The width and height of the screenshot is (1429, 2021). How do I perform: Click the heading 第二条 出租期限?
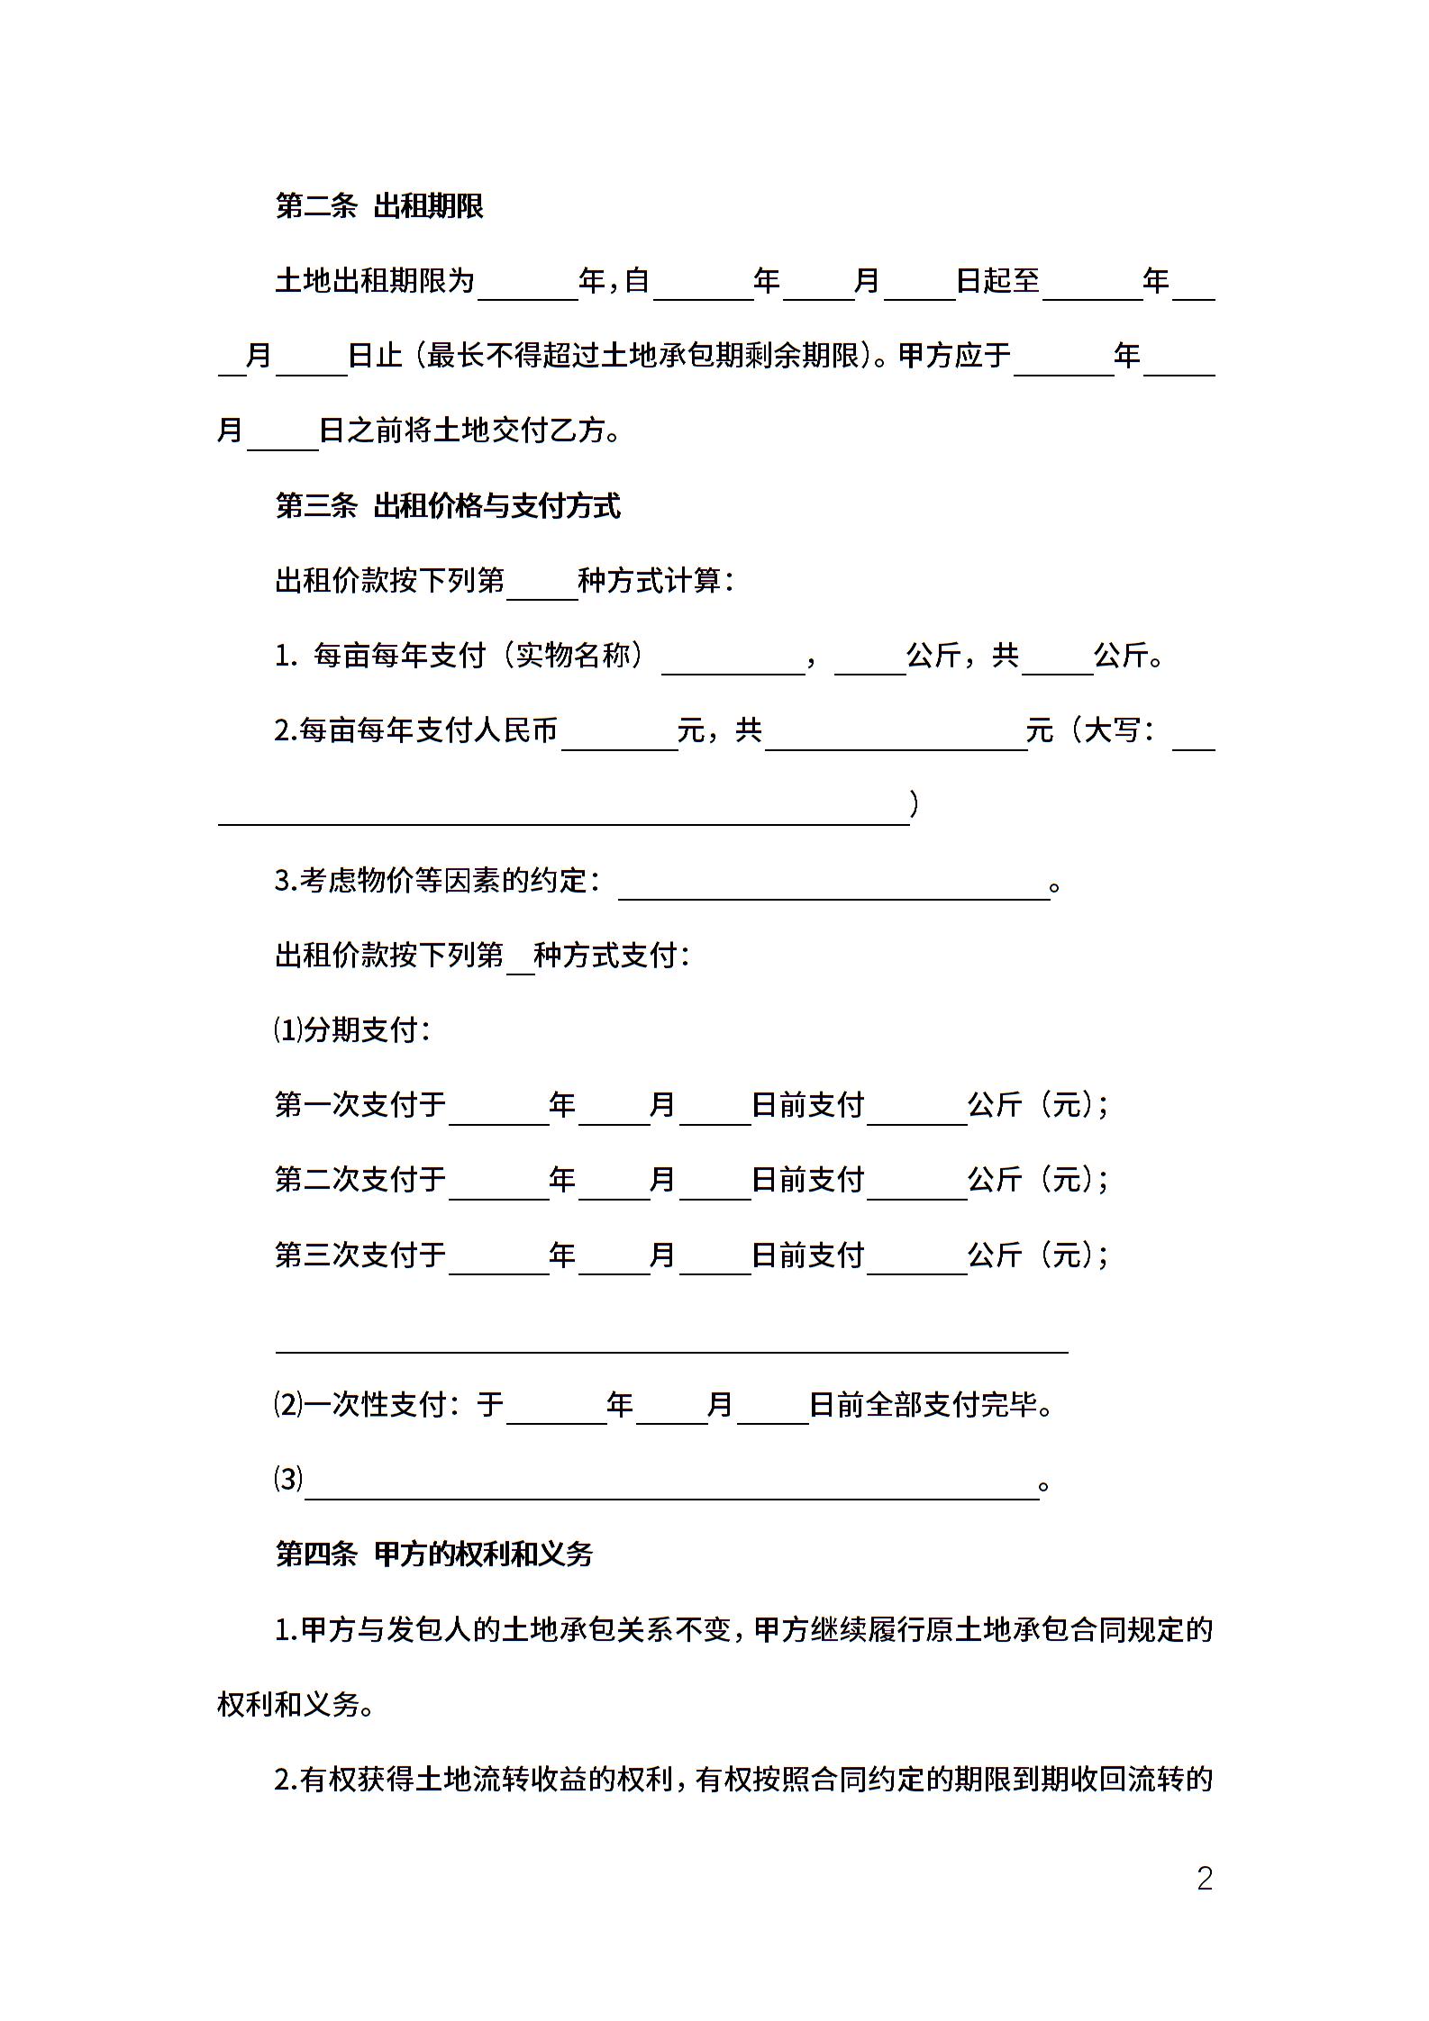[x=379, y=206]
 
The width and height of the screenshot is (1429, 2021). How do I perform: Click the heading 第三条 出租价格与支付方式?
[x=448, y=506]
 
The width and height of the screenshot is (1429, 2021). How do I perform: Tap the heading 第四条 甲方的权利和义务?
[x=434, y=1554]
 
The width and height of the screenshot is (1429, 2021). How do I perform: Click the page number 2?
[x=1205, y=1878]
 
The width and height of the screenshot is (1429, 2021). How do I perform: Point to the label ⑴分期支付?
[x=352, y=1030]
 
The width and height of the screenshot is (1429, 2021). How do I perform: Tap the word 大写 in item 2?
[x=1111, y=730]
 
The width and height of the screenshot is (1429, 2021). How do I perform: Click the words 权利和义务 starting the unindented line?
[x=288, y=1704]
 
